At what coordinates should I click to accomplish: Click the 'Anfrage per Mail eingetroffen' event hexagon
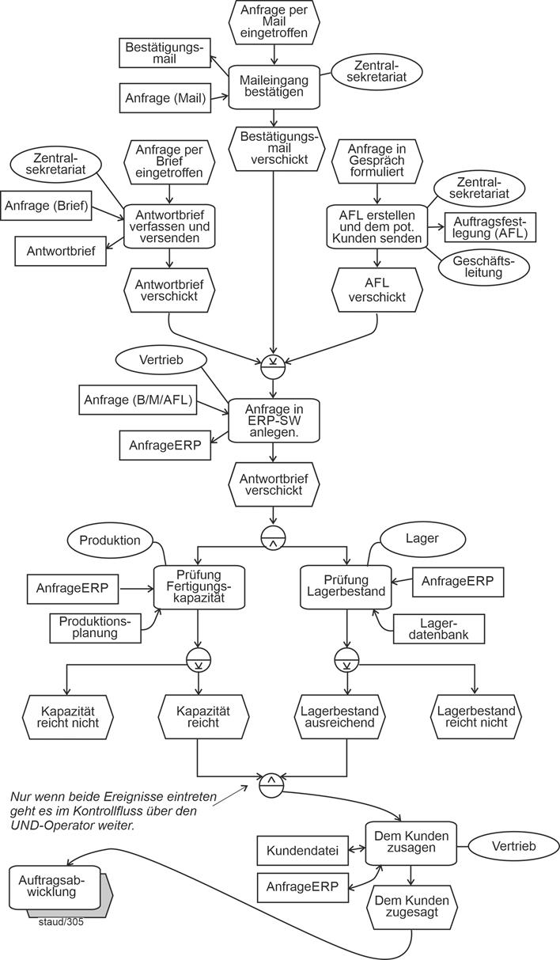pos(274,22)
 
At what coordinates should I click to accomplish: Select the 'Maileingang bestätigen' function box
pos(274,86)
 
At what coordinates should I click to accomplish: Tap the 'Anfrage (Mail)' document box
pos(165,99)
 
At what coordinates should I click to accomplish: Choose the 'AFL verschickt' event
pos(377,290)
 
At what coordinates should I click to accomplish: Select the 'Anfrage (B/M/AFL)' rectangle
pos(138,400)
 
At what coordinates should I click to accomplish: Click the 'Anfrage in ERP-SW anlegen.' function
pos(274,420)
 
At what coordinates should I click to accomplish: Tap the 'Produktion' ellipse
pos(109,541)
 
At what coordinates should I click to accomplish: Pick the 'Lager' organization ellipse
pos(422,538)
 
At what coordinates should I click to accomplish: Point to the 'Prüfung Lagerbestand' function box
pos(346,586)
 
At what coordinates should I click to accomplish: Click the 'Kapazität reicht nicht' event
pos(68,718)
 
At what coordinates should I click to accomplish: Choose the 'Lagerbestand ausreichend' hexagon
pos(346,718)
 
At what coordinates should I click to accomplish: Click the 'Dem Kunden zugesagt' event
pos(411,907)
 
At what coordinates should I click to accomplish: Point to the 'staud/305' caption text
pos(61,921)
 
